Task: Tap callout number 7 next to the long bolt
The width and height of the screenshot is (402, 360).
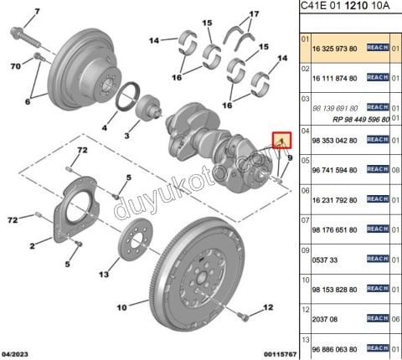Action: pos(35,13)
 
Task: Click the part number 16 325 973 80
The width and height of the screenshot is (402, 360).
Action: pos(334,49)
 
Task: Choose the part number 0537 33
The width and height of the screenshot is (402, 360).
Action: pos(323,259)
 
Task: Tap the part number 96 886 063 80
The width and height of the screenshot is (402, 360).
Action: pos(334,348)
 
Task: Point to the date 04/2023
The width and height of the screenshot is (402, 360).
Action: pos(17,354)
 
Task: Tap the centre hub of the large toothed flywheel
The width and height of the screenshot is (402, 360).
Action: pos(203,275)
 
